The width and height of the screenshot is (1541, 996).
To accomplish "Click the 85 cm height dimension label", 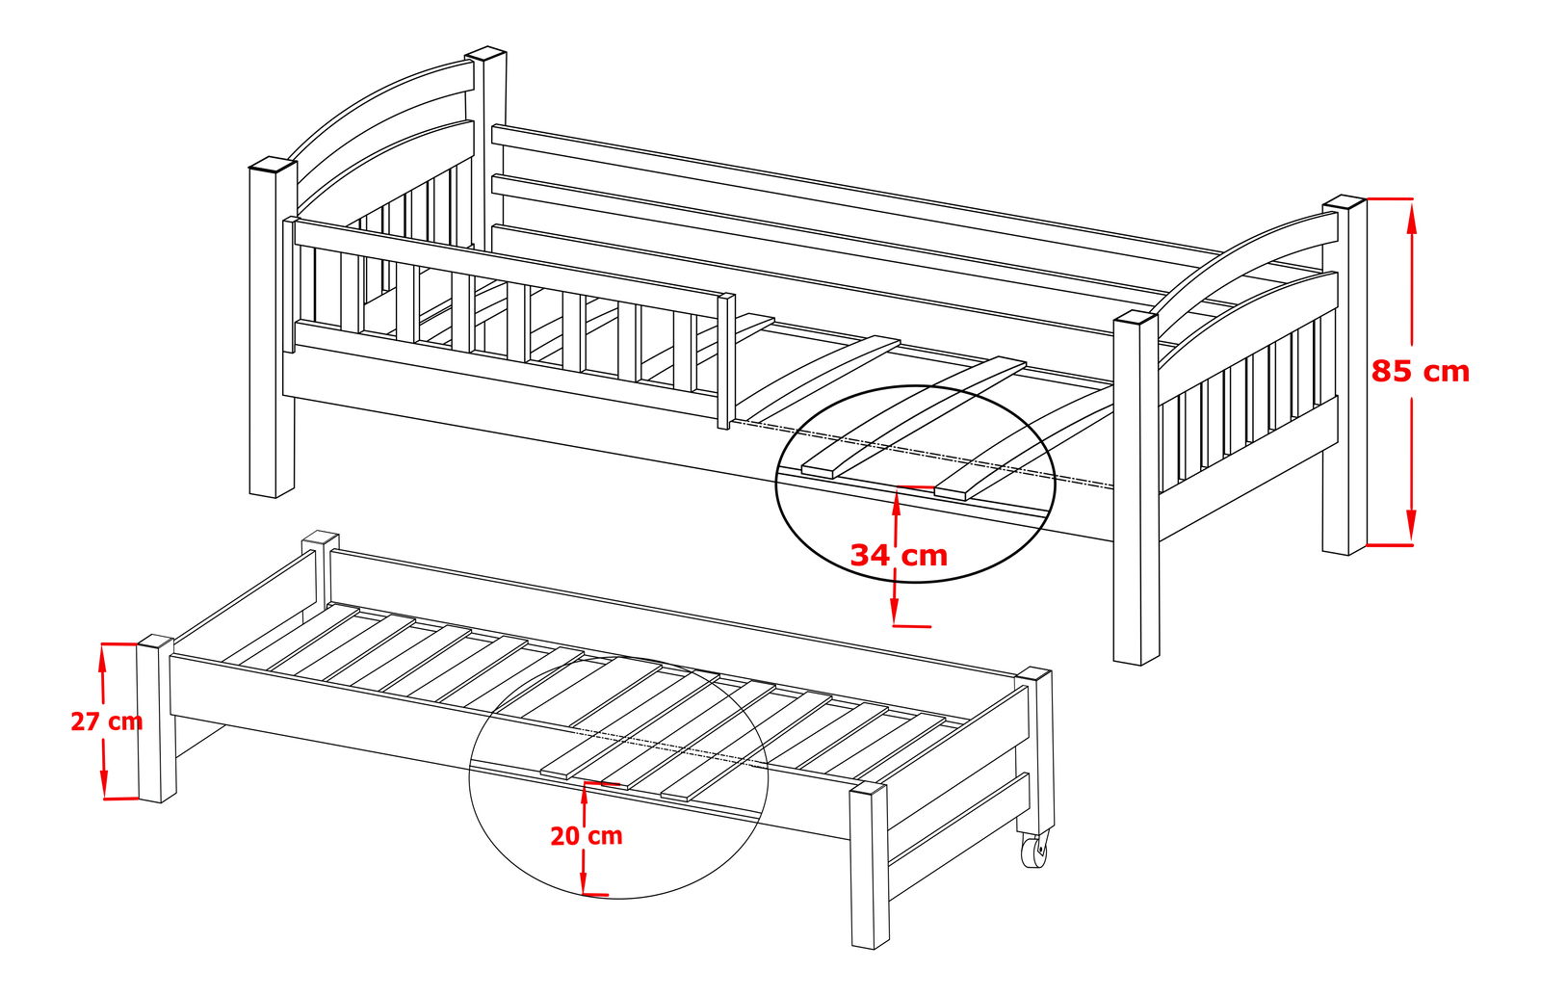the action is click(x=1420, y=372).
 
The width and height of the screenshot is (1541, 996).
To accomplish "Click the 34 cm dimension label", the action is click(x=899, y=555).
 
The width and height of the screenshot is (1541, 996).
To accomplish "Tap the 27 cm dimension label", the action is click(x=107, y=721).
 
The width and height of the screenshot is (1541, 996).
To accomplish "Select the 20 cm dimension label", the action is click(x=587, y=836).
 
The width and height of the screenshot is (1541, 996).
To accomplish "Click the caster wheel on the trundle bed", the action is click(x=1032, y=851).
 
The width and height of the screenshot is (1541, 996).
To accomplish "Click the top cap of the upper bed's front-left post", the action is click(x=273, y=165).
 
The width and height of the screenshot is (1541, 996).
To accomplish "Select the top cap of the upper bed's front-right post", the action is click(x=1136, y=319).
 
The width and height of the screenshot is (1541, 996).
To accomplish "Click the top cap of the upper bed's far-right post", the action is click(x=1345, y=201).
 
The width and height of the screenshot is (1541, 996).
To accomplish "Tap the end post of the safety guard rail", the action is click(x=726, y=361).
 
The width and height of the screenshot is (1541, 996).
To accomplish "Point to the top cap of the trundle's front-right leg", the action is click(x=868, y=789).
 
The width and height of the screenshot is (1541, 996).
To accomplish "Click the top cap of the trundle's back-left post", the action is click(x=320, y=537).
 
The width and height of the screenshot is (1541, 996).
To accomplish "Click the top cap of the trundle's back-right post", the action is click(x=1033, y=674).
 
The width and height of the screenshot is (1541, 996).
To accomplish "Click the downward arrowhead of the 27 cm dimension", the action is click(x=104, y=783).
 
